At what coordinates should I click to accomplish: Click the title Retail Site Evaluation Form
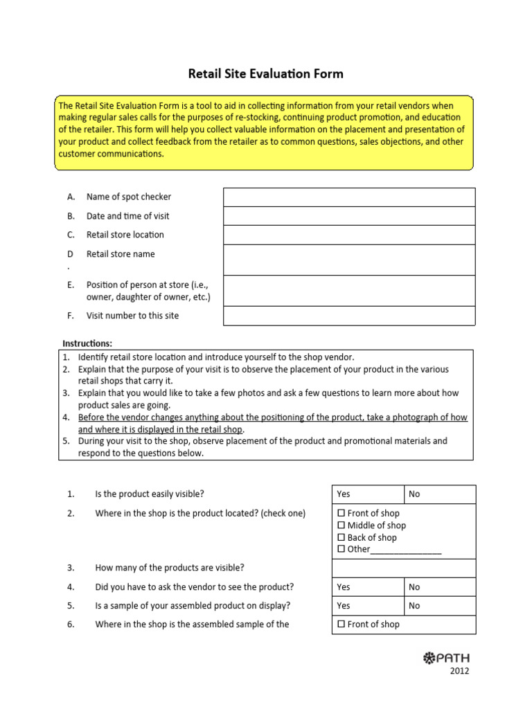[266, 73]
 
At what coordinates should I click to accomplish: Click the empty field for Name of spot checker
[348, 197]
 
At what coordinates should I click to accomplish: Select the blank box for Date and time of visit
[348, 216]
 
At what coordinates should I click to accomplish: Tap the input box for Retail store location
[348, 235]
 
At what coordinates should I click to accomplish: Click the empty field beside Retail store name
[348, 260]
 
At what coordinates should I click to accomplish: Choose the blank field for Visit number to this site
[348, 316]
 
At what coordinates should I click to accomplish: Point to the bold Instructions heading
[87, 343]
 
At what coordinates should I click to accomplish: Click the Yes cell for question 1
[368, 494]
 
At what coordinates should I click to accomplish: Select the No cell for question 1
[440, 494]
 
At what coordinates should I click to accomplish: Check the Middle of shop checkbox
[341, 526]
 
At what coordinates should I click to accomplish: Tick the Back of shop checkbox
[341, 538]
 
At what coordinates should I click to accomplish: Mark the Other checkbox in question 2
[341, 550]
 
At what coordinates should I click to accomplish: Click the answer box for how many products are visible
[404, 568]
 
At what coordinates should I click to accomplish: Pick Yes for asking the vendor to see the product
[368, 587]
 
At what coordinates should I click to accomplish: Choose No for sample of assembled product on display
[440, 606]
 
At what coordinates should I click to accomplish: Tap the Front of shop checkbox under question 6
[341, 625]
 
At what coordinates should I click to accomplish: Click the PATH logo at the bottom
[446, 658]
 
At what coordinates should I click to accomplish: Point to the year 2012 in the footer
[459, 672]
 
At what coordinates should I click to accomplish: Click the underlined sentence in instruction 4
[272, 423]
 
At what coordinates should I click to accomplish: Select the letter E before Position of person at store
[71, 285]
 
